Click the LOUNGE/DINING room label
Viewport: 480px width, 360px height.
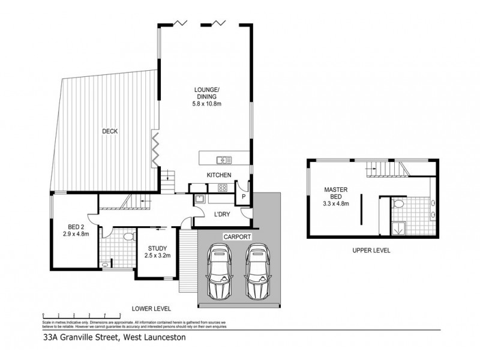coord(205,97)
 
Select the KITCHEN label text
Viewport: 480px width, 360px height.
coord(219,175)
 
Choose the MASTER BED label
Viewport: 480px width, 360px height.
coord(335,196)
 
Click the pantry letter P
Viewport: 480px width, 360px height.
coord(244,196)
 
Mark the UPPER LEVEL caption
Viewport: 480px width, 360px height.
coord(371,251)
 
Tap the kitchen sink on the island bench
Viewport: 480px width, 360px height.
coord(225,160)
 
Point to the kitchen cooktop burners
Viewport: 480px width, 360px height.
coord(221,187)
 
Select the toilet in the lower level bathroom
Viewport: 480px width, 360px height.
coord(127,239)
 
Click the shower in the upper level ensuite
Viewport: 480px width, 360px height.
coord(397,229)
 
